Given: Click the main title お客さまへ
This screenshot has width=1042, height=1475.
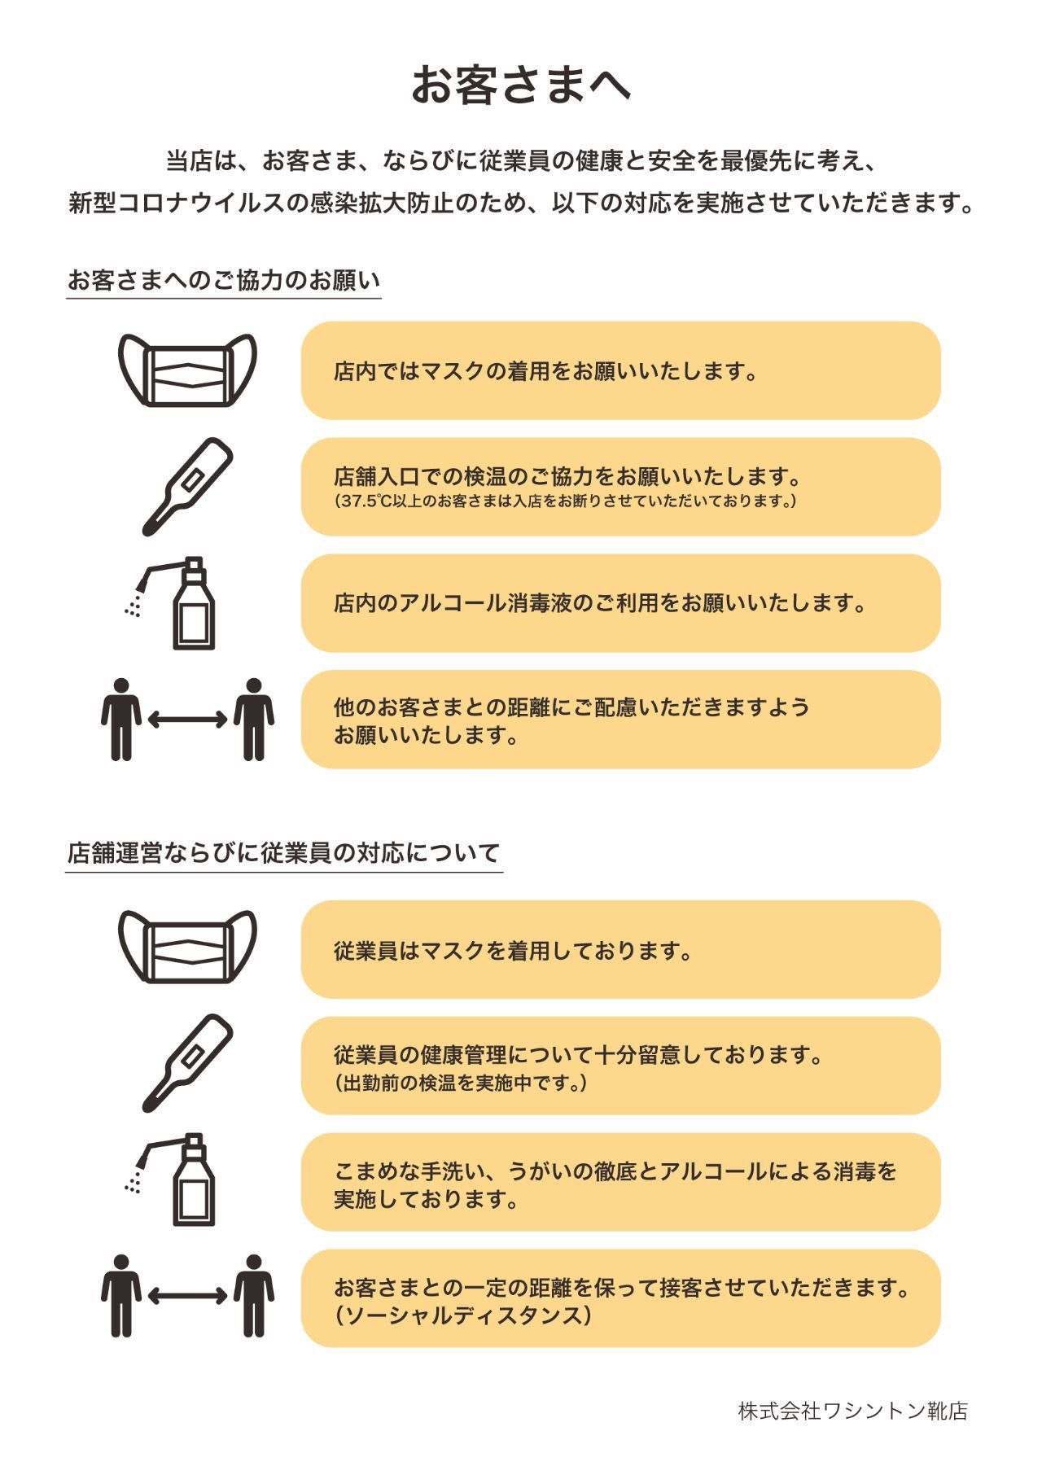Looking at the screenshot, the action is point(520,85).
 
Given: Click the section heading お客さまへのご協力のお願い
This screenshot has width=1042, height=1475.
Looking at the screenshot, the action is point(224,280).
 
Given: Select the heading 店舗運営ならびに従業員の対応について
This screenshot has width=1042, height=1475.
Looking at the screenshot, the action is point(283,853).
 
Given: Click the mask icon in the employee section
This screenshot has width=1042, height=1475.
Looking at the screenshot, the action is point(187,947).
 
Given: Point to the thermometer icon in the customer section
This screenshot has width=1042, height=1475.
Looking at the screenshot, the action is point(187,486).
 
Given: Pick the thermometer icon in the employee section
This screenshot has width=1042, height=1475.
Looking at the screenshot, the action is point(187,1063).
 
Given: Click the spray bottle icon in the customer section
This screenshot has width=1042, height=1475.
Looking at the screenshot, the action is point(173,603).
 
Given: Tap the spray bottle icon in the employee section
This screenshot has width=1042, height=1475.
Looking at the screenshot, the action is point(173,1179).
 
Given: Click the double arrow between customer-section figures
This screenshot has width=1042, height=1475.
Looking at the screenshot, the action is point(187,719).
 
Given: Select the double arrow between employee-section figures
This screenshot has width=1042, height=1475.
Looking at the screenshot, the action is point(187,1296).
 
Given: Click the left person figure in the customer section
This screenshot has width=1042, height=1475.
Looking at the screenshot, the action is point(121,720).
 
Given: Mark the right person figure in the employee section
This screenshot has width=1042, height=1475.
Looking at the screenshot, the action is point(253,1296).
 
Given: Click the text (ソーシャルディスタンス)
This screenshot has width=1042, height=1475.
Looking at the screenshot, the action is point(462,1315).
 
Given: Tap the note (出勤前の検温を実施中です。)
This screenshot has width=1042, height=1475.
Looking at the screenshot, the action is point(461,1083).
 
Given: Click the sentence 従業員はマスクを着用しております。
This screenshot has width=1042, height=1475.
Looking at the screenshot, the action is point(513,950).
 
